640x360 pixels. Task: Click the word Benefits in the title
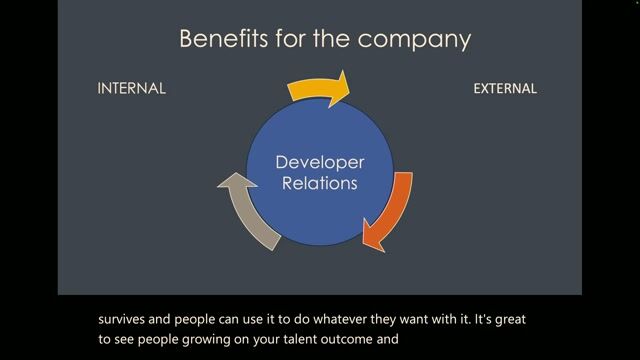(214, 39)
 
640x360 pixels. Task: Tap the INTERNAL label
(131, 88)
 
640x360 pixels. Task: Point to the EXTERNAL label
(505, 88)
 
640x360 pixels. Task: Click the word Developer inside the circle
(320, 162)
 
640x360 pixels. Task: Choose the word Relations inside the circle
(320, 184)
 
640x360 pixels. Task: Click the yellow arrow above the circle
(320, 87)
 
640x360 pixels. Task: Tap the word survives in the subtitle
(127, 321)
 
